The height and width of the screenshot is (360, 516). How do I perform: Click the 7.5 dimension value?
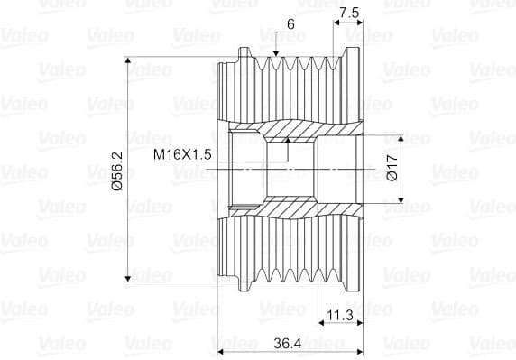click(x=349, y=14)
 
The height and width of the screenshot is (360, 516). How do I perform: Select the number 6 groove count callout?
click(x=290, y=24)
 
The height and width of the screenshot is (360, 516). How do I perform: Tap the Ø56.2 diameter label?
click(x=117, y=171)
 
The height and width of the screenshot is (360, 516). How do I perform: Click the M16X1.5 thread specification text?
click(x=182, y=154)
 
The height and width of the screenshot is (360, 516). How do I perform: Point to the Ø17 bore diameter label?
click(x=392, y=168)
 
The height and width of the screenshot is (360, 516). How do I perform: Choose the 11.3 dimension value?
click(x=340, y=315)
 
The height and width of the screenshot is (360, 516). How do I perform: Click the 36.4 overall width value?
click(x=288, y=344)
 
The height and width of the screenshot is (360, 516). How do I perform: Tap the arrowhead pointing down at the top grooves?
click(x=276, y=53)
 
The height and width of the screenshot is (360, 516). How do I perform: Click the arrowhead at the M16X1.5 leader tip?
click(x=288, y=140)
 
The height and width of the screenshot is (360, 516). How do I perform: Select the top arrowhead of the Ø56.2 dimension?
click(x=128, y=60)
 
